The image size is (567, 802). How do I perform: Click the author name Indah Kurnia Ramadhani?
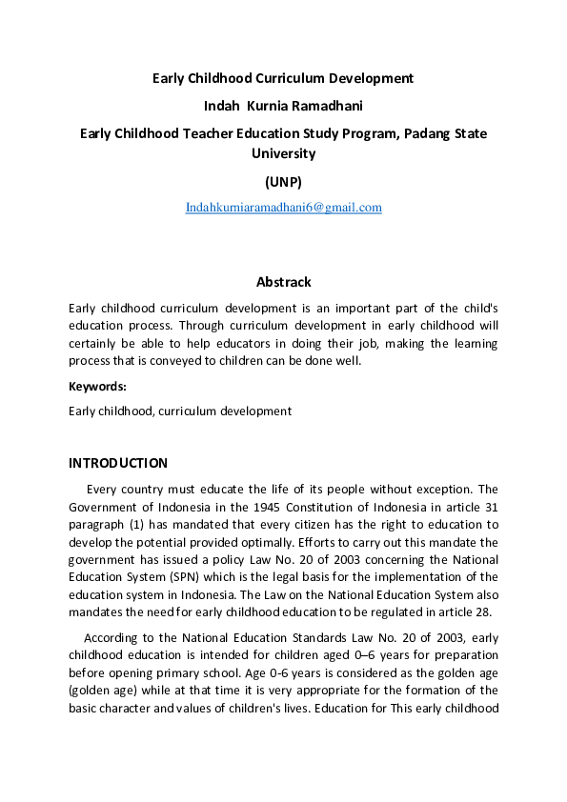(283, 105)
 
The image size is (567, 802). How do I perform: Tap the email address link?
(283, 207)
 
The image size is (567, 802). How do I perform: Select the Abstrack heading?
(283, 282)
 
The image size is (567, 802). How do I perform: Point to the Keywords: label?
(98, 386)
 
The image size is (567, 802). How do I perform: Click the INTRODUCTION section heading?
(118, 463)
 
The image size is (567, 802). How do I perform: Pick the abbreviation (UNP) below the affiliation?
(283, 181)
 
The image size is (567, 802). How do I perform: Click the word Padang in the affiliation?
(427, 133)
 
